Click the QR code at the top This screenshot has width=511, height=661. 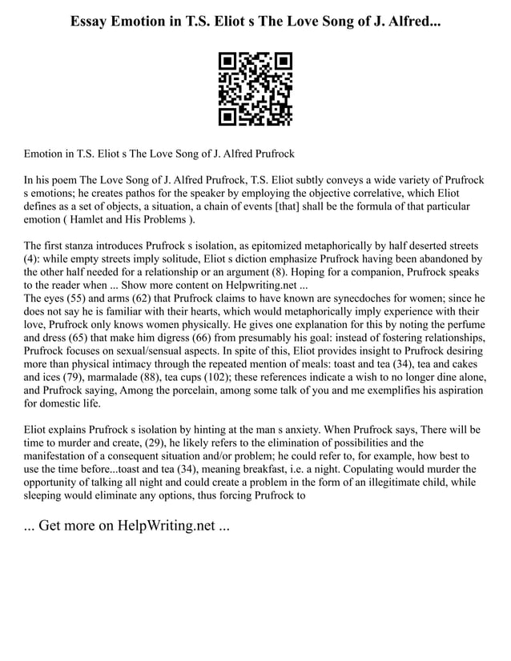(x=255, y=88)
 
